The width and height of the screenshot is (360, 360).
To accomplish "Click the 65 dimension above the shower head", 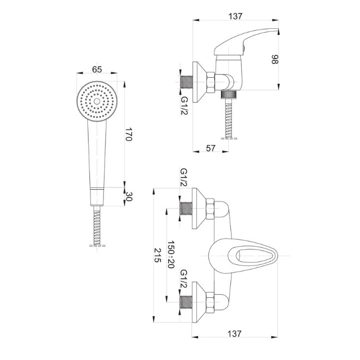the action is point(97,69).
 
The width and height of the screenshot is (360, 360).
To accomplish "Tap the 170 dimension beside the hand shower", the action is point(129,134).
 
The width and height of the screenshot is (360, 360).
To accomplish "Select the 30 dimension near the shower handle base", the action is point(129,196).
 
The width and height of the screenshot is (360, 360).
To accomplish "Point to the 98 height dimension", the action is point(275,59).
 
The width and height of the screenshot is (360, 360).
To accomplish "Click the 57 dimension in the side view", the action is point(210,148).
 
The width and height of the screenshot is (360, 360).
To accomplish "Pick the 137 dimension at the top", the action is point(236,16).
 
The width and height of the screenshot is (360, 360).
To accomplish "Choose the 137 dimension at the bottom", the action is point(235,334).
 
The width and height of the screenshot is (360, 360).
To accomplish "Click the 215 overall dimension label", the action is point(157,255).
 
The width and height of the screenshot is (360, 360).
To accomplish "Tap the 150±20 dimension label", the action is point(171,255).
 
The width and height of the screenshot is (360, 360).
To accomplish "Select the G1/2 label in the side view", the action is point(184,106).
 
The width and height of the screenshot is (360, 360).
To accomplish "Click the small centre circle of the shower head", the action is point(97,101).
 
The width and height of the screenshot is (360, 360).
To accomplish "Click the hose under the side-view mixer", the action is point(229,119).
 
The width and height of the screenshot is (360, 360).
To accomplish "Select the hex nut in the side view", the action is point(210,82).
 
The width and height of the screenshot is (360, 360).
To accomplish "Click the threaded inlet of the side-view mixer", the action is point(186,82).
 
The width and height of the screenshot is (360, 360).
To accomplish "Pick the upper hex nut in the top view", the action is point(210,209).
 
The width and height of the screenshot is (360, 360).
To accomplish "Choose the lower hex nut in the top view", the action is point(210,302).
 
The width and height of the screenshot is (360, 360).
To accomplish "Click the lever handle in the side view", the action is point(246,42).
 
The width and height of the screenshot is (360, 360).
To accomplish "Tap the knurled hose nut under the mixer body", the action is point(229,95).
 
